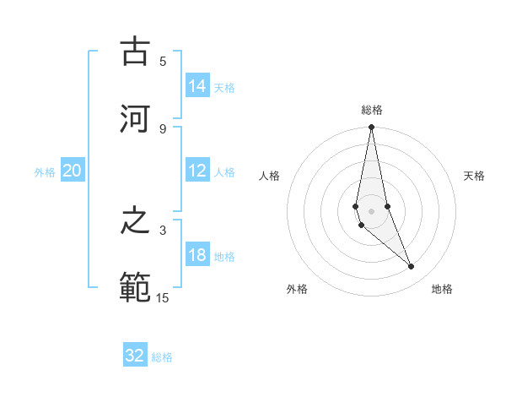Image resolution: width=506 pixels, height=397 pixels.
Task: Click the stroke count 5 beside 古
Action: point(163,61)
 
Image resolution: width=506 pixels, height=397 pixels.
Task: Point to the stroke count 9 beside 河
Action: point(163,128)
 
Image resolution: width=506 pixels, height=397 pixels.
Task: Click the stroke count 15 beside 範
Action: point(163,296)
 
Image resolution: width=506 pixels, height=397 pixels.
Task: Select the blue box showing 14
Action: point(197,86)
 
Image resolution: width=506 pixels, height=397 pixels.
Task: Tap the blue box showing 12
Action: point(197,171)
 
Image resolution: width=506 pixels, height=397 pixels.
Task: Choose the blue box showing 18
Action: point(197,255)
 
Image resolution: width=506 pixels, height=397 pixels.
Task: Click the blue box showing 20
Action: point(73,171)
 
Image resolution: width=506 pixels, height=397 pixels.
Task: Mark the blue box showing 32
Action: point(135,356)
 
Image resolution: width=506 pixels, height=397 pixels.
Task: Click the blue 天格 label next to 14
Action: point(224,87)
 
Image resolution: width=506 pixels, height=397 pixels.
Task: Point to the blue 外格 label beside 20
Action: point(45,171)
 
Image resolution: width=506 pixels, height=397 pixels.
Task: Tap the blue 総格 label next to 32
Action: point(162,356)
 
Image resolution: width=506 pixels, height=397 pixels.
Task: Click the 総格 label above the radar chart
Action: point(372,110)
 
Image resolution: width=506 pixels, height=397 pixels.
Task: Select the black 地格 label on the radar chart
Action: point(442,289)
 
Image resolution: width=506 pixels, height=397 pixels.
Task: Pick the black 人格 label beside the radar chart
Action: point(270,176)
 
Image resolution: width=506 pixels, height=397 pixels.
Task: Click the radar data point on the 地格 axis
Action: point(412,267)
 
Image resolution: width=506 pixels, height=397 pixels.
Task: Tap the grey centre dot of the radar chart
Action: point(371,210)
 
